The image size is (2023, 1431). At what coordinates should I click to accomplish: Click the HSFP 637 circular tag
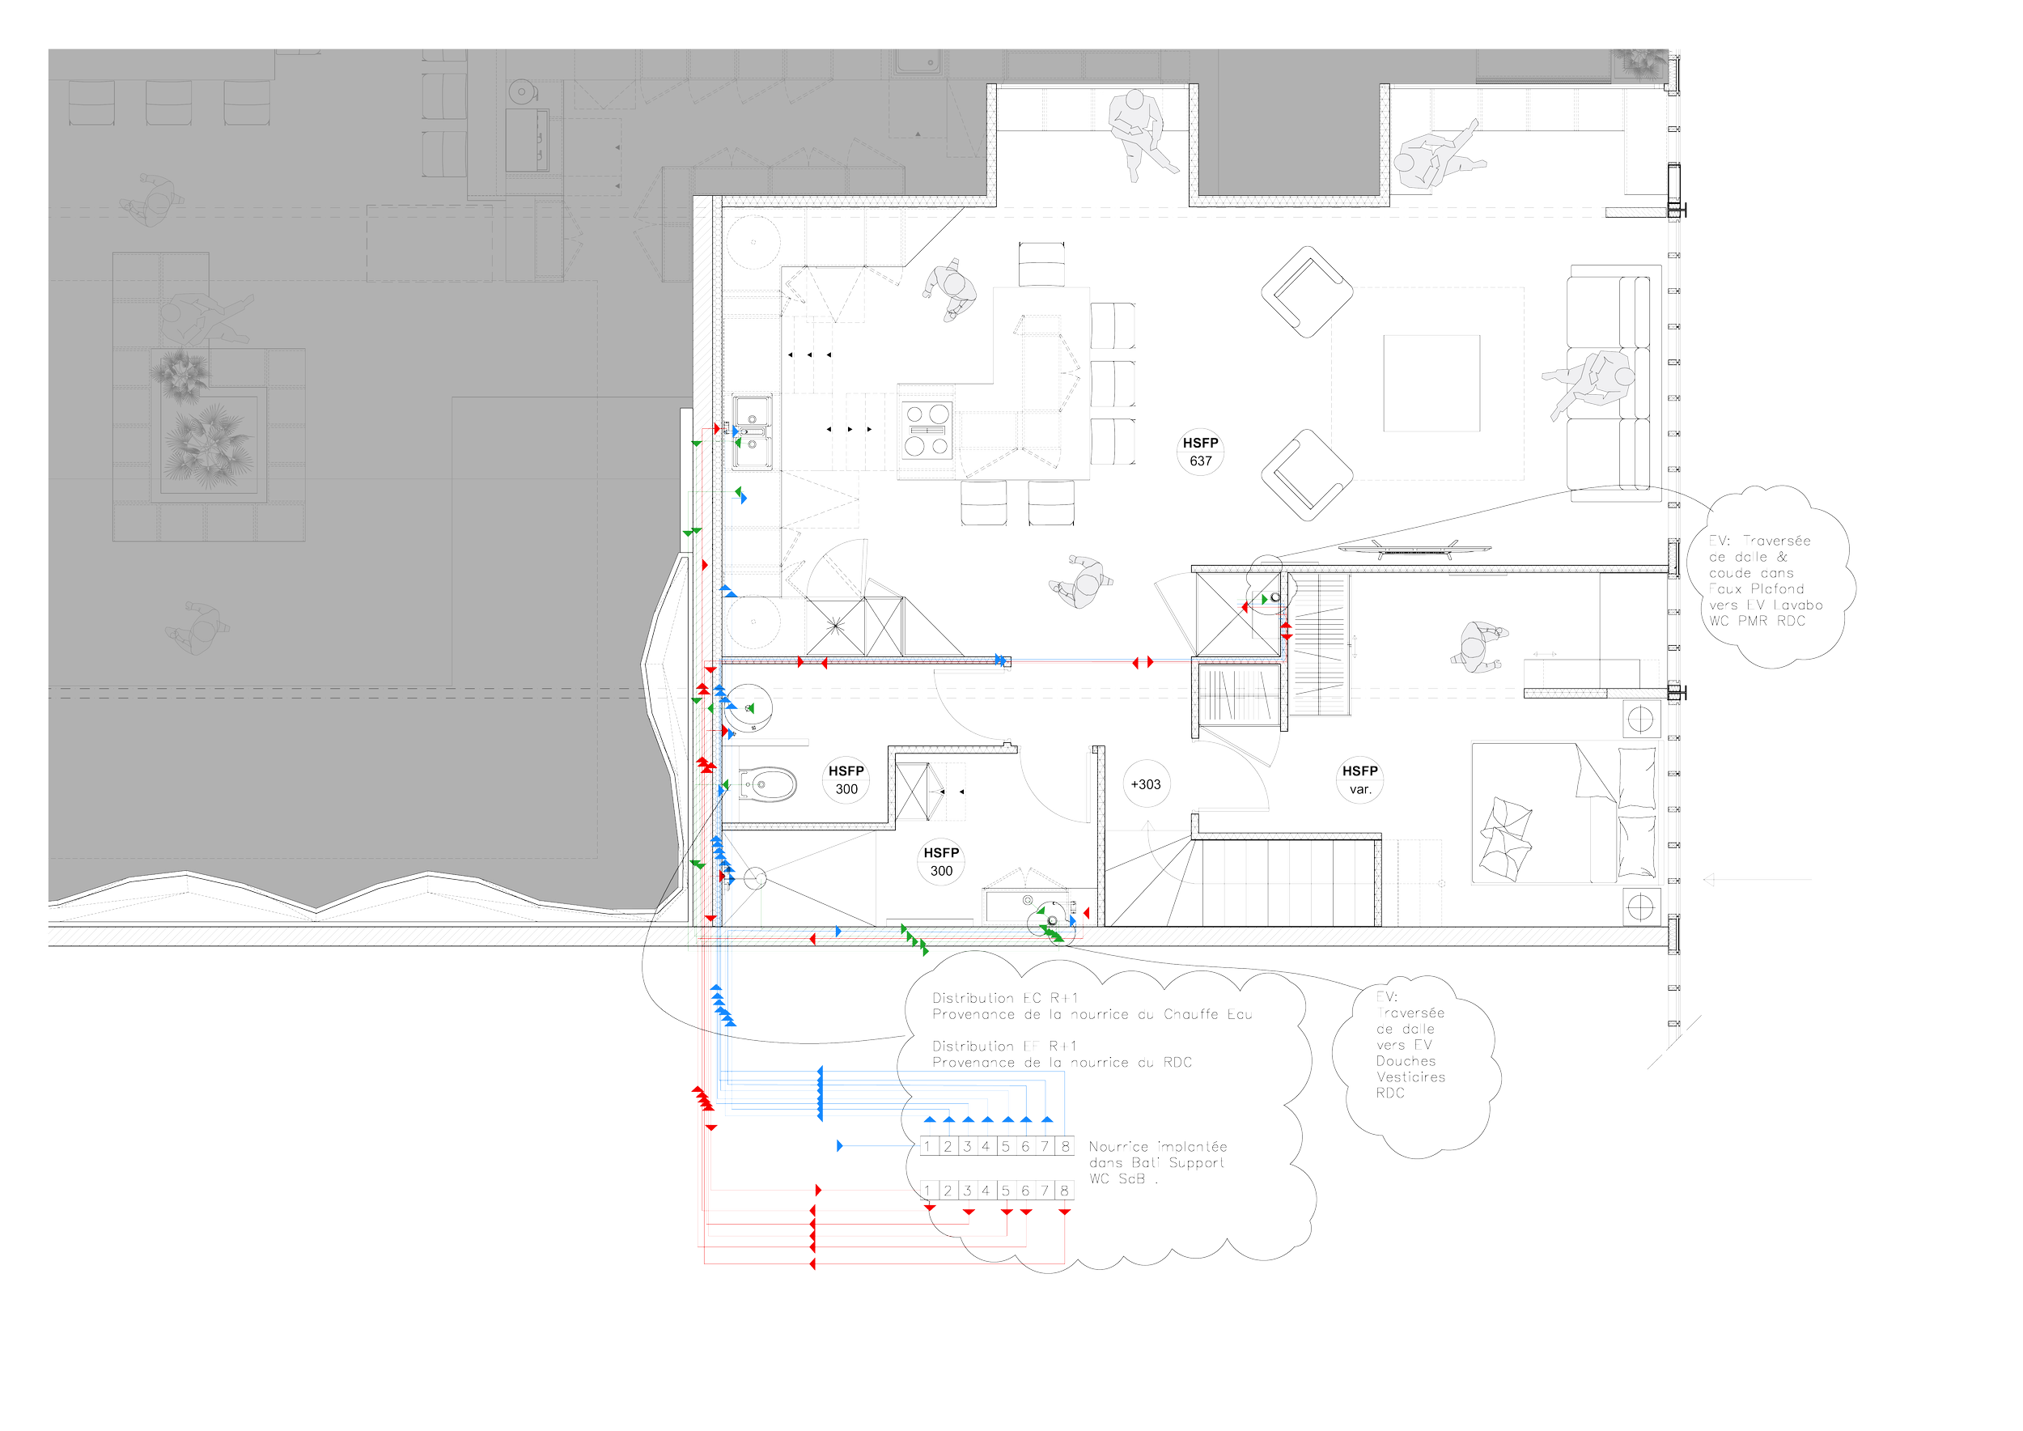click(x=1200, y=452)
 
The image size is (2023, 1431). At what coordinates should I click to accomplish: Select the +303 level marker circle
click(x=1147, y=783)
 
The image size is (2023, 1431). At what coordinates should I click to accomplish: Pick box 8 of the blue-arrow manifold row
click(x=1064, y=1146)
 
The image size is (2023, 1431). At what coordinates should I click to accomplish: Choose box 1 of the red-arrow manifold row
click(x=929, y=1191)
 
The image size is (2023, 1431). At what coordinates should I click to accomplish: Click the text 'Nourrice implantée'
click(x=1157, y=1146)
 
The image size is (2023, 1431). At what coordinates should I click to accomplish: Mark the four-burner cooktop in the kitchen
click(x=925, y=429)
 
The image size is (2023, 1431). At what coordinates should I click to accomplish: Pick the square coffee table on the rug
click(x=1431, y=384)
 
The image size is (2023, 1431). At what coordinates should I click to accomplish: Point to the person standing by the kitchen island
click(x=950, y=288)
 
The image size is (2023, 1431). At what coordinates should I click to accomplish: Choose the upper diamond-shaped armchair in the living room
click(x=1306, y=291)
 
